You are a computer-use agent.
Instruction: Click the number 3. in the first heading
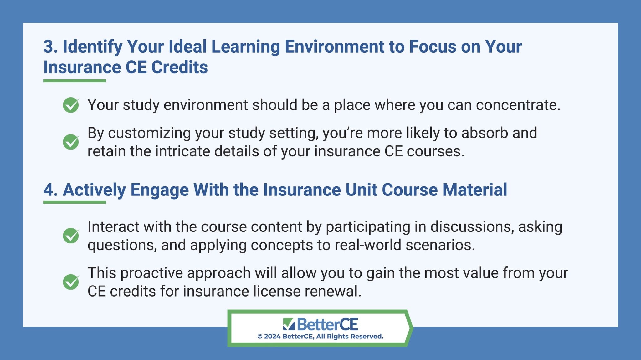pos(50,47)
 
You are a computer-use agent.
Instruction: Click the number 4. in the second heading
pos(50,190)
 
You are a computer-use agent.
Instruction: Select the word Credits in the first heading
pos(179,68)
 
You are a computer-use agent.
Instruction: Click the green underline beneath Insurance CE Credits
pos(74,81)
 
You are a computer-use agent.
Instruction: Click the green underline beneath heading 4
pos(74,202)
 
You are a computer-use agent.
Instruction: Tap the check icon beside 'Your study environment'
pos(71,105)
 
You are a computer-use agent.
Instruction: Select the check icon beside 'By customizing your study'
pos(71,142)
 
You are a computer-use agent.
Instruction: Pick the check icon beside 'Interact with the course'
pos(71,236)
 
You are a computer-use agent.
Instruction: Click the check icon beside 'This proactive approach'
pos(71,282)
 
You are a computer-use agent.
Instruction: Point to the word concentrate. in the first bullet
pos(518,105)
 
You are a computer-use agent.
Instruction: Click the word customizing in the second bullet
pos(149,133)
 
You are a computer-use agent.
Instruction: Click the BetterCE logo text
pos(327,324)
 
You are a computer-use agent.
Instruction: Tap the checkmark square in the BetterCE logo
pos(289,324)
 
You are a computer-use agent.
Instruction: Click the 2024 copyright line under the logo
pos(320,337)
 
